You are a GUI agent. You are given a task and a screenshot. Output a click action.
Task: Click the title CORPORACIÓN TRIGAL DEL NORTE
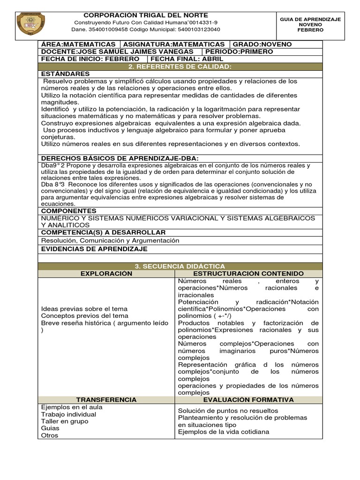point(145,15)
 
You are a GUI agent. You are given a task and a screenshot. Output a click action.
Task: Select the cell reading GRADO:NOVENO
point(262,44)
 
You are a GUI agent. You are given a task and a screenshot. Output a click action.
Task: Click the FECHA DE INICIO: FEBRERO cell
point(90,59)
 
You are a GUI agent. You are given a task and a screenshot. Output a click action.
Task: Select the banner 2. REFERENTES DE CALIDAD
point(180,67)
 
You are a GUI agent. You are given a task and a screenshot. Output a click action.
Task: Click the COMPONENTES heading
point(69,211)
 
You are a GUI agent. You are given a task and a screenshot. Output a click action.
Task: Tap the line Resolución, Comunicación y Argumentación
point(110,240)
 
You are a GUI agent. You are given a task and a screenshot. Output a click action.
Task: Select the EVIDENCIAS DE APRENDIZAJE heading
point(94,249)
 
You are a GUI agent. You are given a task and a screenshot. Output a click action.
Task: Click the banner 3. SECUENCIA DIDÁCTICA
point(180,266)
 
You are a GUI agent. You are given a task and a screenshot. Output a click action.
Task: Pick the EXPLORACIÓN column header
point(106,273)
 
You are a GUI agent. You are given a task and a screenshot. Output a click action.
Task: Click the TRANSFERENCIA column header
point(106,400)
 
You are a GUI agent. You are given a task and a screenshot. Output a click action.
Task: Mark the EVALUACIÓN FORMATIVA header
point(248,400)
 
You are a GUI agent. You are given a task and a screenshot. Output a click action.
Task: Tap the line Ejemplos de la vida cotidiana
point(224,432)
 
